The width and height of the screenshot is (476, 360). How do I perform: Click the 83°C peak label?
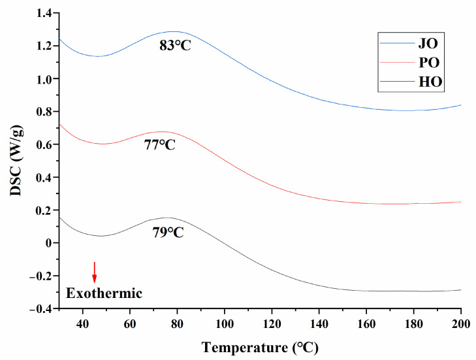pyautogui.click(x=175, y=46)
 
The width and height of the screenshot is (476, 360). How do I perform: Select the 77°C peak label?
pyautogui.click(x=160, y=145)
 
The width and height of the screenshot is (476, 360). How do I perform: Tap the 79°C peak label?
pyautogui.click(x=168, y=231)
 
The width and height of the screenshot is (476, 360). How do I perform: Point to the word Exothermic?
pyautogui.click(x=104, y=293)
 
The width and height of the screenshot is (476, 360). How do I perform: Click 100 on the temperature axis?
pyautogui.click(x=225, y=323)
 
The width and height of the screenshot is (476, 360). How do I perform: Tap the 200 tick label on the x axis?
pyautogui.click(x=461, y=323)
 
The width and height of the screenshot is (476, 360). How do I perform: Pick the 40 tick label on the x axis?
pyautogui.click(x=83, y=323)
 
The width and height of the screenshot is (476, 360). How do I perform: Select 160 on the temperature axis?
pyautogui.click(x=366, y=323)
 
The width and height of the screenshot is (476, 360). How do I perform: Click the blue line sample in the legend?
pyautogui.click(x=397, y=44)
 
